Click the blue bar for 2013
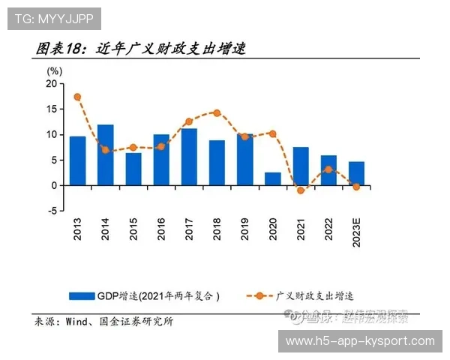pyautogui.click(x=77, y=160)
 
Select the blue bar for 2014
pyautogui.click(x=105, y=154)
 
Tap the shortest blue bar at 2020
pyautogui.click(x=272, y=178)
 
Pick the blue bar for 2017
pyautogui.click(x=189, y=157)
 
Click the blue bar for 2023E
pyautogui.click(x=356, y=173)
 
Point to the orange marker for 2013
pyautogui.click(x=77, y=97)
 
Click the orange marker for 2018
pyautogui.click(x=217, y=112)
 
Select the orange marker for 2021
pyautogui.click(x=301, y=190)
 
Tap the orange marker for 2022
pyautogui.click(x=328, y=169)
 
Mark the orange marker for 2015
pyautogui.click(x=133, y=147)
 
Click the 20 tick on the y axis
pyautogui.click(x=51, y=84)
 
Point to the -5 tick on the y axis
pyautogui.click(x=51, y=211)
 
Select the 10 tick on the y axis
pyautogui.click(x=51, y=135)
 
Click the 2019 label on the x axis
pyautogui.click(x=245, y=229)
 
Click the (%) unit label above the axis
pyautogui.click(x=54, y=70)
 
